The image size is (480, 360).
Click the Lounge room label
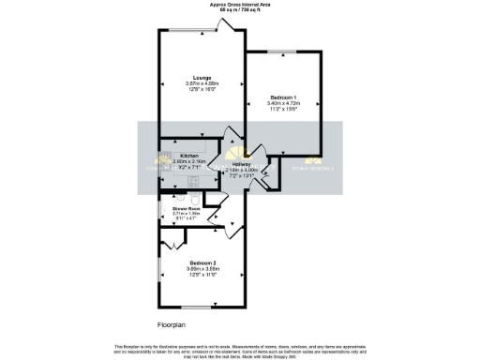click(x=202, y=77)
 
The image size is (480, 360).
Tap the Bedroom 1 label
click(x=282, y=97)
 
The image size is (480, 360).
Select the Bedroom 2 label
click(x=202, y=262)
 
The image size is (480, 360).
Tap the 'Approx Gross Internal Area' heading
click(x=240, y=5)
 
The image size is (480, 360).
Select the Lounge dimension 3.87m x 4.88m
click(x=202, y=82)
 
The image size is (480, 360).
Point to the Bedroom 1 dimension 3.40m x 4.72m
click(x=282, y=103)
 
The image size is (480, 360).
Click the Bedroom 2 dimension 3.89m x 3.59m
click(x=202, y=267)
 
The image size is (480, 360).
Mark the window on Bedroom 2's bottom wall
click(x=196, y=307)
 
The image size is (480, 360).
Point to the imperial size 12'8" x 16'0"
click(x=202, y=89)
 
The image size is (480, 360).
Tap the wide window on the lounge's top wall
click(x=188, y=29)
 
